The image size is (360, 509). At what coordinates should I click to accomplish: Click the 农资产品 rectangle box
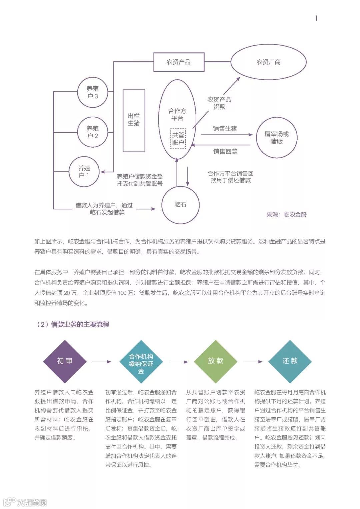click(179, 62)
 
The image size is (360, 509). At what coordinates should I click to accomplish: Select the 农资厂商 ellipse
click(268, 62)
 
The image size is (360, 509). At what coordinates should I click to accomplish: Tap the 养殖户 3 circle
click(93, 92)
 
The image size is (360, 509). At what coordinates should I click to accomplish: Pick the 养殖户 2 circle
click(93, 132)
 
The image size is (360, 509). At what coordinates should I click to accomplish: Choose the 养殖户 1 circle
click(84, 172)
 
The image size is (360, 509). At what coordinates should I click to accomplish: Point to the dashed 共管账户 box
click(178, 139)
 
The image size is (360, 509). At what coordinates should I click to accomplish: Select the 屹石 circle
click(180, 205)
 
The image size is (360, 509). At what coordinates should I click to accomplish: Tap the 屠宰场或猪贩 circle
click(277, 137)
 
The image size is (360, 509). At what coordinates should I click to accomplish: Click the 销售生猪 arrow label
click(225, 129)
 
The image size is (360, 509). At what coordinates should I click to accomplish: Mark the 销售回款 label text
click(225, 152)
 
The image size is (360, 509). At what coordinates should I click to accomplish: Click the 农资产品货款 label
click(219, 103)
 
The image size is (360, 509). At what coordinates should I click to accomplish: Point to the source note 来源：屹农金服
click(286, 215)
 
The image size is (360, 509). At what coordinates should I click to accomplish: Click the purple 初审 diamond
click(65, 361)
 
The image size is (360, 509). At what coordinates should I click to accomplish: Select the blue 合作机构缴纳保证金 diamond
click(141, 362)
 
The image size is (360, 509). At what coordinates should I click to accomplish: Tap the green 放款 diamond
click(216, 361)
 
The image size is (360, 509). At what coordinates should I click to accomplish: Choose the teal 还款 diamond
click(290, 361)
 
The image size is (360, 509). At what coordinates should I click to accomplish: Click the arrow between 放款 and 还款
click(253, 362)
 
